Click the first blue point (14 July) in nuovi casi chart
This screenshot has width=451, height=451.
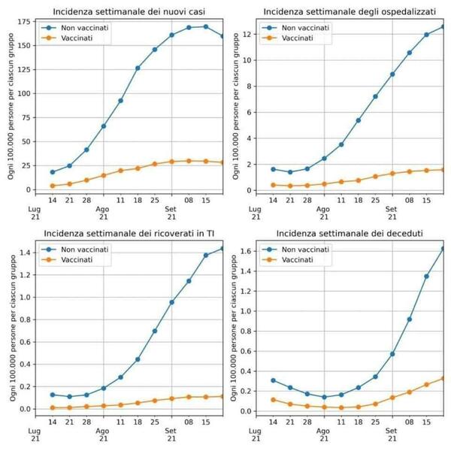tap(53, 172)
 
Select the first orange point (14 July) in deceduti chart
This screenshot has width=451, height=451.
tap(272, 400)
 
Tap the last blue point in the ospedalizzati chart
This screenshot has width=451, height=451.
tap(443, 26)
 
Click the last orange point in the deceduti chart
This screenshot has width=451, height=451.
tap(443, 378)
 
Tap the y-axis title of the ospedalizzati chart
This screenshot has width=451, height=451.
tap(236, 105)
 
